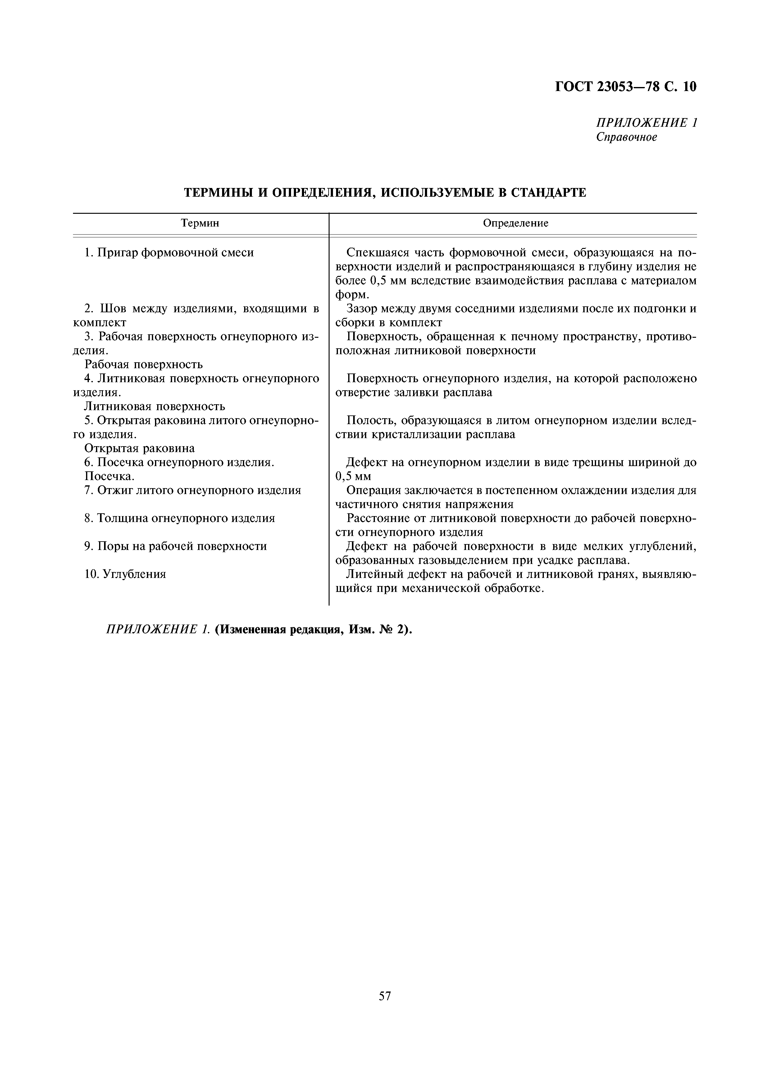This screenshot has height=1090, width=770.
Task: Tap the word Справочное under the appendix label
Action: [x=626, y=137]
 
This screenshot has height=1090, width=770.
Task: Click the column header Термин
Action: [x=200, y=223]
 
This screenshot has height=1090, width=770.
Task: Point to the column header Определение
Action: [x=515, y=223]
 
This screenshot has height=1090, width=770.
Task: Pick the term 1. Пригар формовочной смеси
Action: [x=169, y=253]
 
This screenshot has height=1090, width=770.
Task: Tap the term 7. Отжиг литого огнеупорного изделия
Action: [x=193, y=490]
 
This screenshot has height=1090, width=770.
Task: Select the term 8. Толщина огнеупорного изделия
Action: [x=179, y=518]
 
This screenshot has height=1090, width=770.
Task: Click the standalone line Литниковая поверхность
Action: [x=155, y=406]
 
